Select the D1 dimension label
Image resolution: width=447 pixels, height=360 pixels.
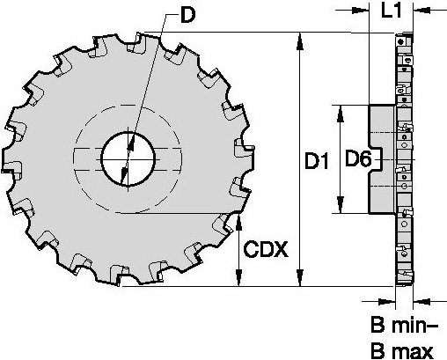click(x=316, y=162)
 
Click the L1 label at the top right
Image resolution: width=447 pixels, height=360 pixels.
click(x=392, y=12)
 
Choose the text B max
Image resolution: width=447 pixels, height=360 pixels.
click(x=401, y=350)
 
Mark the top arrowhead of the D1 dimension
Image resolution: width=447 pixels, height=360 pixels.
click(x=301, y=39)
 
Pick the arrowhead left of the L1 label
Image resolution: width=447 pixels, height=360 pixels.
click(x=363, y=12)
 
